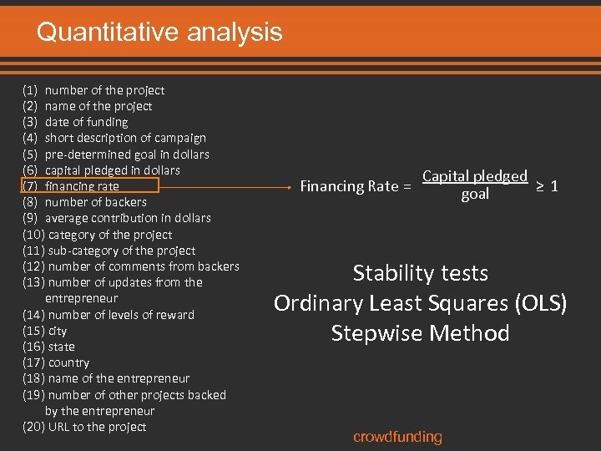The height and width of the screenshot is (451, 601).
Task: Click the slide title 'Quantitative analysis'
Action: pyautogui.click(x=159, y=33)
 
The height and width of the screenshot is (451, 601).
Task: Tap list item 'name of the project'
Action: pyautogui.click(x=98, y=106)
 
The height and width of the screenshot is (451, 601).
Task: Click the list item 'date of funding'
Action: pyautogui.click(x=86, y=122)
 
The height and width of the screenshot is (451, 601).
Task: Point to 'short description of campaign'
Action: pyautogui.click(x=125, y=138)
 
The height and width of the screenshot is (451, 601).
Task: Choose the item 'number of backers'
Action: pyautogui.click(x=95, y=202)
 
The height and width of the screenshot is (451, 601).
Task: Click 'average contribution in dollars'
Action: pyautogui.click(x=128, y=218)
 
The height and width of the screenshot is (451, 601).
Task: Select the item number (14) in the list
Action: pyautogui.click(x=34, y=315)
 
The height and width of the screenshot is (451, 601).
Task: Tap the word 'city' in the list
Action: pyautogui.click(x=58, y=331)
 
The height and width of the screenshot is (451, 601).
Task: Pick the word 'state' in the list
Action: pyautogui.click(x=61, y=347)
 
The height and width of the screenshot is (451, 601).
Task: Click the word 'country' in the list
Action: pyautogui.click(x=68, y=362)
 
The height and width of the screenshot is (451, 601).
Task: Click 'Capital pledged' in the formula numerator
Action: pyautogui.click(x=475, y=176)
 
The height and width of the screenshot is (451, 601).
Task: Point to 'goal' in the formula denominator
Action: pyautogui.click(x=475, y=195)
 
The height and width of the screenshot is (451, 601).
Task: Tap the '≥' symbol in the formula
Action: pyautogui.click(x=539, y=185)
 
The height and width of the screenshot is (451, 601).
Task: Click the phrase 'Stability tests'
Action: pyautogui.click(x=421, y=273)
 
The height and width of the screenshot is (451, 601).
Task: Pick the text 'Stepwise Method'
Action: pyautogui.click(x=421, y=333)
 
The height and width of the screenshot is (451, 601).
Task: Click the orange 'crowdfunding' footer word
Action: pyautogui.click(x=397, y=437)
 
